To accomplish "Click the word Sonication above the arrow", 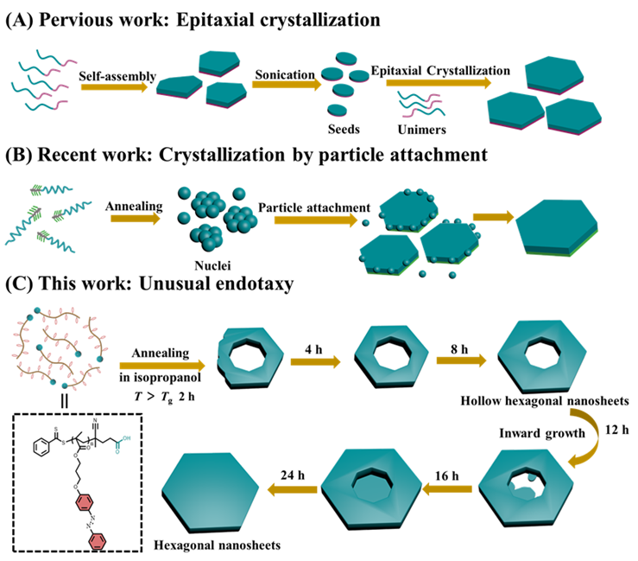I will click(x=284, y=75).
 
